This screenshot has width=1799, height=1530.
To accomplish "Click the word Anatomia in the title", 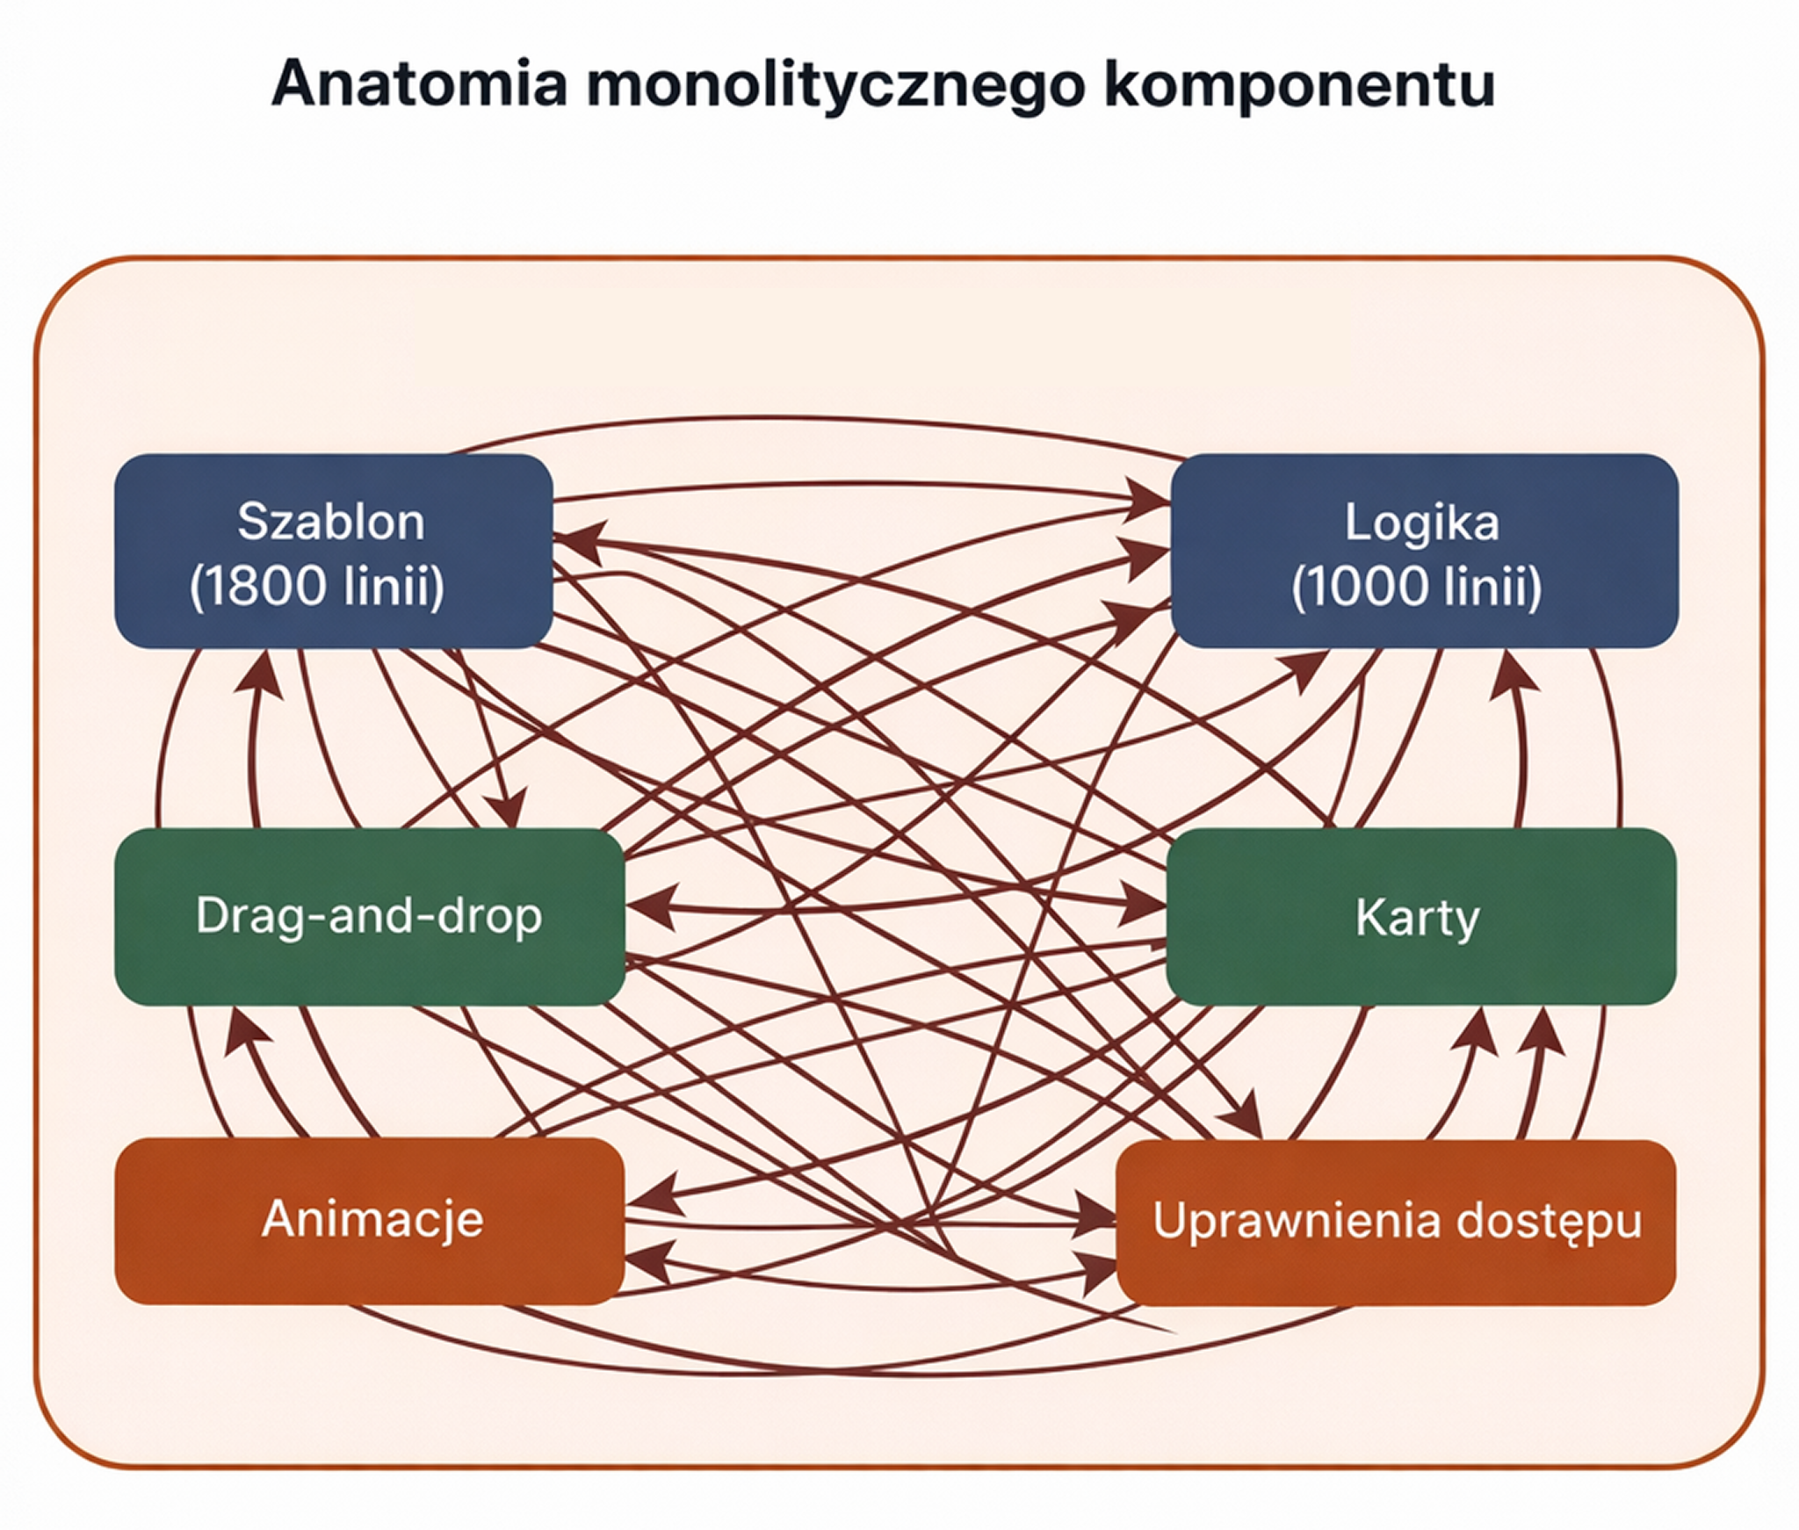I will point(419,84).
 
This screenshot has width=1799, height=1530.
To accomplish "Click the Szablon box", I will point(333,551).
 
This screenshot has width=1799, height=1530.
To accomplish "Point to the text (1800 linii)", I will point(317,586).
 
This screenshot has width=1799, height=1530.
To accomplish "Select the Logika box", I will point(1423,551).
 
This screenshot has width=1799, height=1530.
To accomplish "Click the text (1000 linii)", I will point(1416,586).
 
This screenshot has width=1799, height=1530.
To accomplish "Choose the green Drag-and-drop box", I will point(368,916).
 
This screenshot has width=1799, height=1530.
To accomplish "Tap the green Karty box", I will point(1420,916).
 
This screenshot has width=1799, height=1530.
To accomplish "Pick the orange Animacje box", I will point(368,1220).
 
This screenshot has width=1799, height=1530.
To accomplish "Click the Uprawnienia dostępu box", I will point(1396,1222).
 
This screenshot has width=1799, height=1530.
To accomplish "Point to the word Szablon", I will point(331,522).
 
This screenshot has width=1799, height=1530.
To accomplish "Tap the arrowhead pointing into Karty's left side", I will point(1142,907).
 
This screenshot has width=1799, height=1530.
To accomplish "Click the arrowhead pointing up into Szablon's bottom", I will point(258,675).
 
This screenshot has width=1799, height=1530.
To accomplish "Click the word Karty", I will point(1417,918).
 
